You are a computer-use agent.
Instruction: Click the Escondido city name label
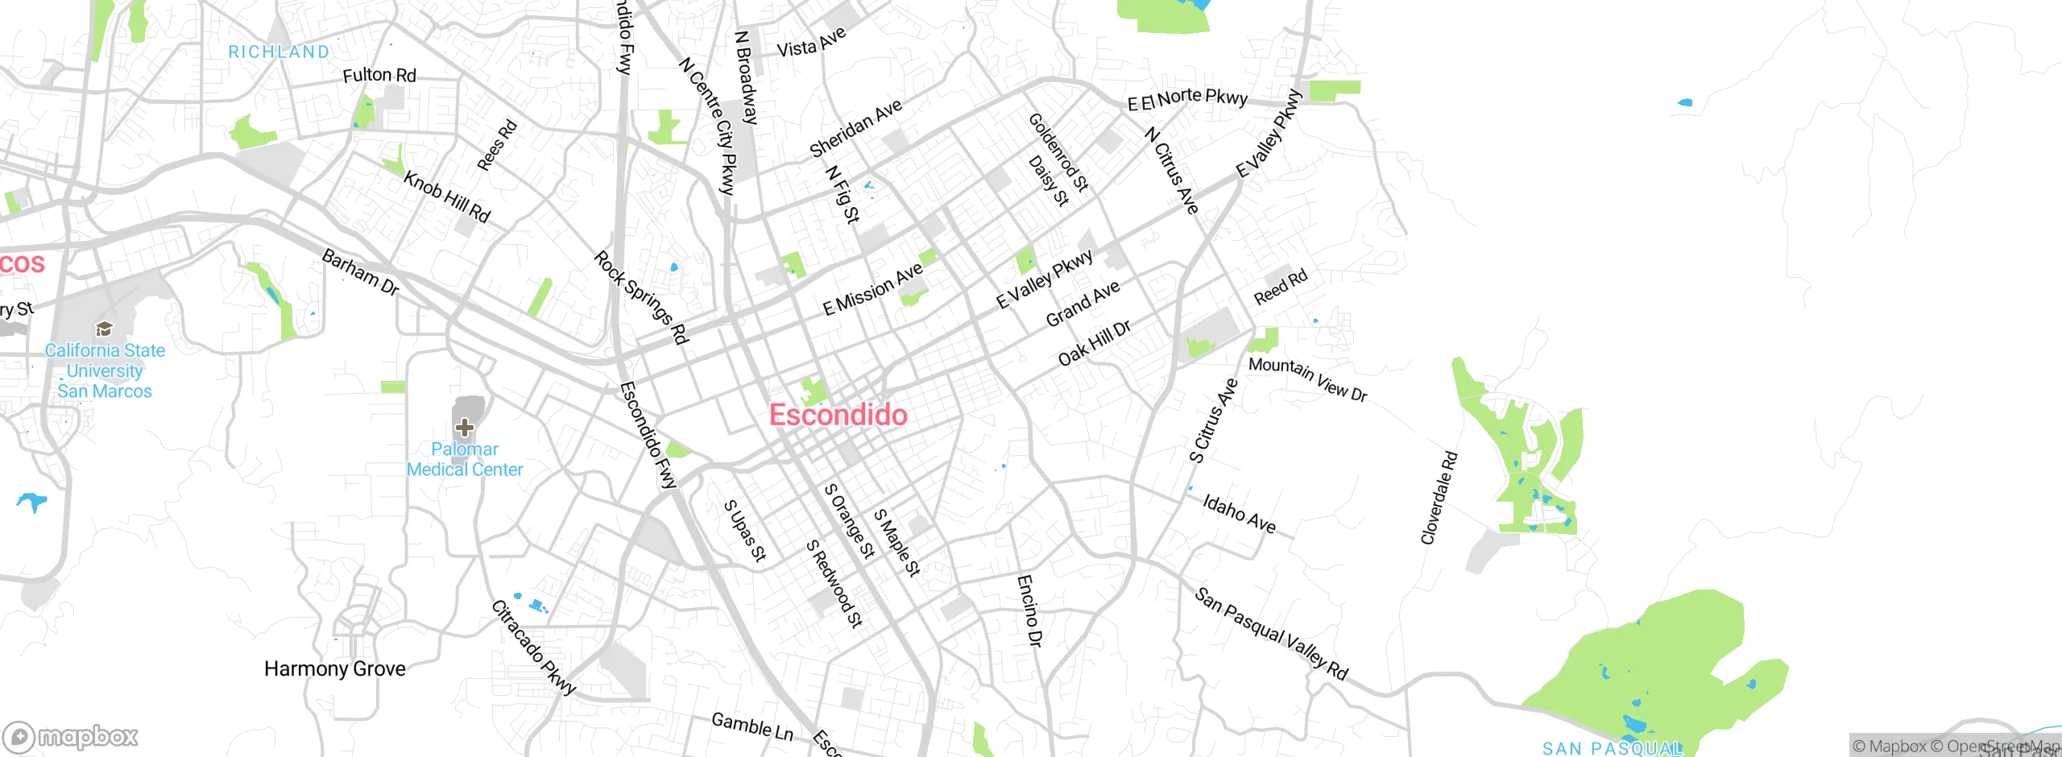click(838, 415)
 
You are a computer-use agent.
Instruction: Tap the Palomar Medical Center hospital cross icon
click(464, 427)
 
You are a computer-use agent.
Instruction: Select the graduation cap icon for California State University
click(104, 329)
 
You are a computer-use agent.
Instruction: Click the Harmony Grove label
click(334, 668)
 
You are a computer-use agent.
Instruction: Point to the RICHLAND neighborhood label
click(279, 52)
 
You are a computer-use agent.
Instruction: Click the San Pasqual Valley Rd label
click(1270, 635)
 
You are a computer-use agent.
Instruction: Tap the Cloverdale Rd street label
click(1439, 498)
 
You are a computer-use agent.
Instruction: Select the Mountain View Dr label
click(1307, 378)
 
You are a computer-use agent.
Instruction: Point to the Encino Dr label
click(1029, 610)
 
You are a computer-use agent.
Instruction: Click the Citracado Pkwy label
click(533, 647)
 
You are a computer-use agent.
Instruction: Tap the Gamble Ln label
click(752, 726)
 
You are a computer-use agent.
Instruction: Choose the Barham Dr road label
click(360, 272)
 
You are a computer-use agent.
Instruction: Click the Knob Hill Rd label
click(447, 197)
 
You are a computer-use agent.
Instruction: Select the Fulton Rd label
click(379, 75)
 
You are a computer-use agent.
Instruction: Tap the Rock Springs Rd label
click(641, 297)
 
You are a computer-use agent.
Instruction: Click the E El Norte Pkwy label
click(1187, 98)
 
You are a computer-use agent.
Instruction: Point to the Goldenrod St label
click(1058, 152)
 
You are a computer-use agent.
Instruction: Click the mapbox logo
click(71, 736)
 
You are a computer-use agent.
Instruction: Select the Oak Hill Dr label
click(1094, 342)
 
